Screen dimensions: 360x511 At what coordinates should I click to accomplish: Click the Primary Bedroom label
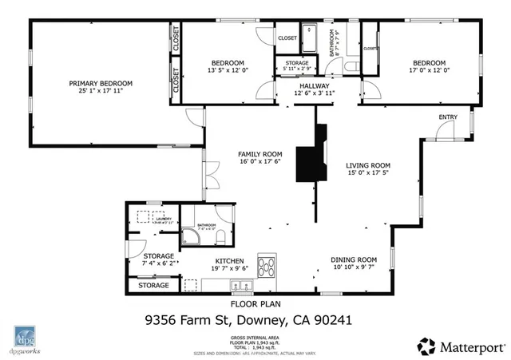coord(100,84)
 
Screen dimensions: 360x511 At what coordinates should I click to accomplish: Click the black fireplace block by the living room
coord(311,163)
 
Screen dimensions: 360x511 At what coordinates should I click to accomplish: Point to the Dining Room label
coord(354,259)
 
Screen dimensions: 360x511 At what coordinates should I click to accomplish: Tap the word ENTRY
coord(448,118)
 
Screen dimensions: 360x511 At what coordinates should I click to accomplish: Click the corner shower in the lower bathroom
coord(191,236)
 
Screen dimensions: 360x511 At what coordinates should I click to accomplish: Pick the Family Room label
coord(260,154)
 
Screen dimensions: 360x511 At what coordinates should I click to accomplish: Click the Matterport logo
coord(462,346)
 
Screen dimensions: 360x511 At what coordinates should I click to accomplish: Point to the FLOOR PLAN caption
coord(255,304)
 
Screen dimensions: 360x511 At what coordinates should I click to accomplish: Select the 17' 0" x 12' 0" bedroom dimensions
coord(429,70)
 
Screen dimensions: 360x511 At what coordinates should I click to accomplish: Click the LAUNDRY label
coord(164,218)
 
